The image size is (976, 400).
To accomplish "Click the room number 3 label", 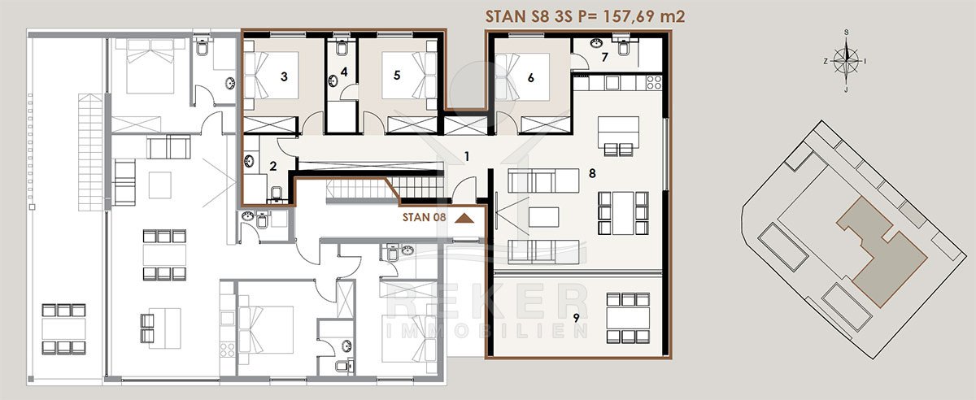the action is [284, 76].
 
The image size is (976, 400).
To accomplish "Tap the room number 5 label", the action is [397, 75].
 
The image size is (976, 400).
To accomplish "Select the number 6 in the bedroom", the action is [530, 77].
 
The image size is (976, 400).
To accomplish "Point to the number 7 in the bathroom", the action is [604, 57].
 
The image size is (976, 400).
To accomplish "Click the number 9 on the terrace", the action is [576, 318].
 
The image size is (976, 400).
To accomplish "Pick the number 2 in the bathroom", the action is [272, 166].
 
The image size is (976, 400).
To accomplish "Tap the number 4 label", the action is [344, 72].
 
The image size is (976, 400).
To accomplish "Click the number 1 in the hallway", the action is [467, 156].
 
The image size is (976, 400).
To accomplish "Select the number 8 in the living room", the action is [592, 173].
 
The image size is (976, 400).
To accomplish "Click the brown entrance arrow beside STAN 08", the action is [464, 218].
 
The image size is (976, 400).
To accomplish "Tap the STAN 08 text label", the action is [424, 217].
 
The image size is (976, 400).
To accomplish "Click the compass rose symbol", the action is [846, 61].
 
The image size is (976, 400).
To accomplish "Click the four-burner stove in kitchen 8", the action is [654, 82].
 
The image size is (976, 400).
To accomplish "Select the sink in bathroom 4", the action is [333, 81].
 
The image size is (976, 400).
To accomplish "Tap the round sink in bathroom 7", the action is [596, 43].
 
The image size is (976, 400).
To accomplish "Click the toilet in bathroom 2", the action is [277, 195].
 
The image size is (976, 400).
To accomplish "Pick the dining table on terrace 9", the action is [628, 318].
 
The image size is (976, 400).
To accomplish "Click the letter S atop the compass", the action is [846, 33].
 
